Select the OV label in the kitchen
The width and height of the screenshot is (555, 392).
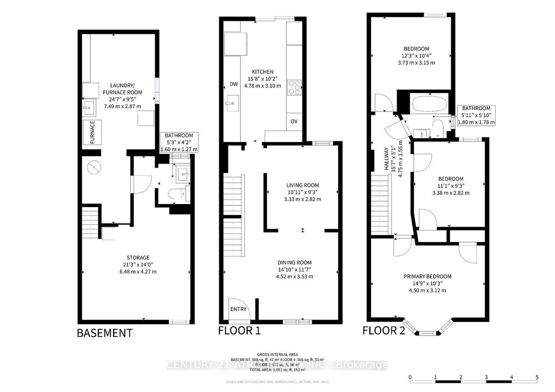pyautogui.click(x=294, y=121)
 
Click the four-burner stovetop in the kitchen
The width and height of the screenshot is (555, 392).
pyautogui.click(x=294, y=87)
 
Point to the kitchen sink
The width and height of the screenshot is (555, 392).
pyautogui.click(x=231, y=103)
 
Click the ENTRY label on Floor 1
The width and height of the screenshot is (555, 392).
pyautogui.click(x=238, y=309)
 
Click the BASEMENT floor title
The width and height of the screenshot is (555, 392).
pyautogui.click(x=104, y=333)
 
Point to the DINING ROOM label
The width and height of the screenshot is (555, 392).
pyautogui.click(x=294, y=262)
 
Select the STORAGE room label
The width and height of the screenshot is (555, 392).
pyautogui.click(x=138, y=258)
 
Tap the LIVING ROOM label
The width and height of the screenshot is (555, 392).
pyautogui.click(x=302, y=185)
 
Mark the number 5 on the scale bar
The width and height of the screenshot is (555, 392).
pyautogui.click(x=537, y=377)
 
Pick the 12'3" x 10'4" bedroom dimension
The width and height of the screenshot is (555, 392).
pyautogui.click(x=417, y=55)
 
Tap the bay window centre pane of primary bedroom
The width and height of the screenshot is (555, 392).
pyautogui.click(x=428, y=333)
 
